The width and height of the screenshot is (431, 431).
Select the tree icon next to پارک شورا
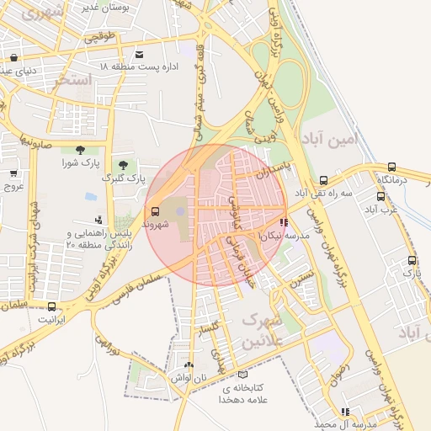tap(80, 150)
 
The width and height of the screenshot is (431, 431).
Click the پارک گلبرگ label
tap(124, 178)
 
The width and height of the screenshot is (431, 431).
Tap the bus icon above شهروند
tap(154, 211)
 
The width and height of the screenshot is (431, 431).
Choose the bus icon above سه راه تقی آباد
tap(324, 180)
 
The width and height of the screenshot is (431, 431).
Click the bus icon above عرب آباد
tap(381, 196)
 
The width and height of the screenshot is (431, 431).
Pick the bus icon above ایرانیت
tap(52, 307)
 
